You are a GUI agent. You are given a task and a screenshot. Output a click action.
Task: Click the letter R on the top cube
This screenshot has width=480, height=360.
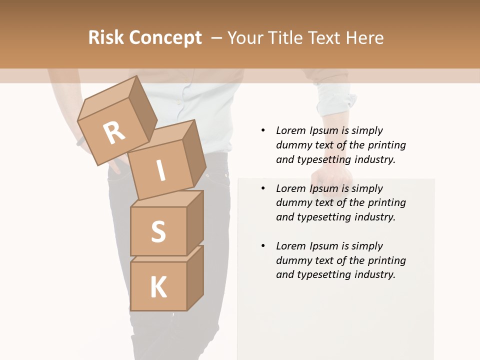[114, 132]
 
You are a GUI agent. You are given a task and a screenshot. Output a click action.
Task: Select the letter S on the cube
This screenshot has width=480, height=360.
[158, 231]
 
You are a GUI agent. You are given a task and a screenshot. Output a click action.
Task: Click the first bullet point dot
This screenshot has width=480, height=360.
[263, 130]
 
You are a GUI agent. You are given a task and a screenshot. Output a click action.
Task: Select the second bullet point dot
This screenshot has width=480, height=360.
[263, 188]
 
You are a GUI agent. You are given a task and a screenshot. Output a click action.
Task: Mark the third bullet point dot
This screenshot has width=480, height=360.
[263, 246]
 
